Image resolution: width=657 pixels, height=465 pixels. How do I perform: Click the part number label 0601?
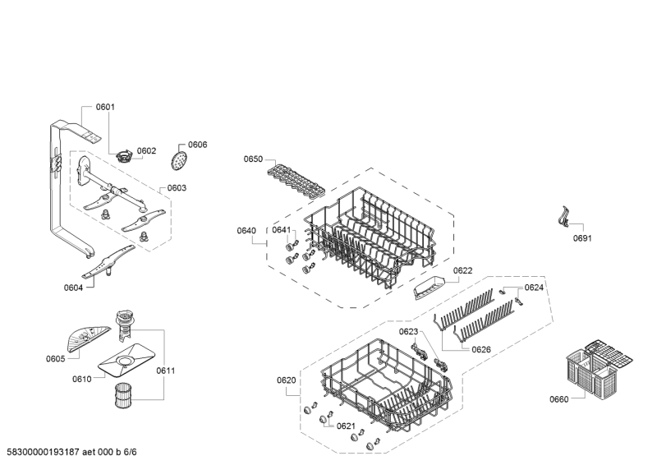[105, 107]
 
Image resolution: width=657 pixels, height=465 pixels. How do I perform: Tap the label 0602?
[146, 150]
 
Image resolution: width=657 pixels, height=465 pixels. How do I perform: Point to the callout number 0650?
[253, 159]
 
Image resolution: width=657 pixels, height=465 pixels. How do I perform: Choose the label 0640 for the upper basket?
[246, 230]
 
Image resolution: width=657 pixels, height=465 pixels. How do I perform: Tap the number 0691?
[582, 238]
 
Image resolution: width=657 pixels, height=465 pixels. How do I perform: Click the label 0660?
[558, 399]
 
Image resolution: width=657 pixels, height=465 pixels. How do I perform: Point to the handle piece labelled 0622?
[429, 287]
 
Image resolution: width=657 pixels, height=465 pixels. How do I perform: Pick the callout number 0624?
[535, 288]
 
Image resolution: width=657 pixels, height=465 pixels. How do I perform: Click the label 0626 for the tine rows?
[482, 349]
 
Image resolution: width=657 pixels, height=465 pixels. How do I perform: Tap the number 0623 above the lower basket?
[409, 331]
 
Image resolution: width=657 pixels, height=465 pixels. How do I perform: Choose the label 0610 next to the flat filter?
[82, 379]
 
